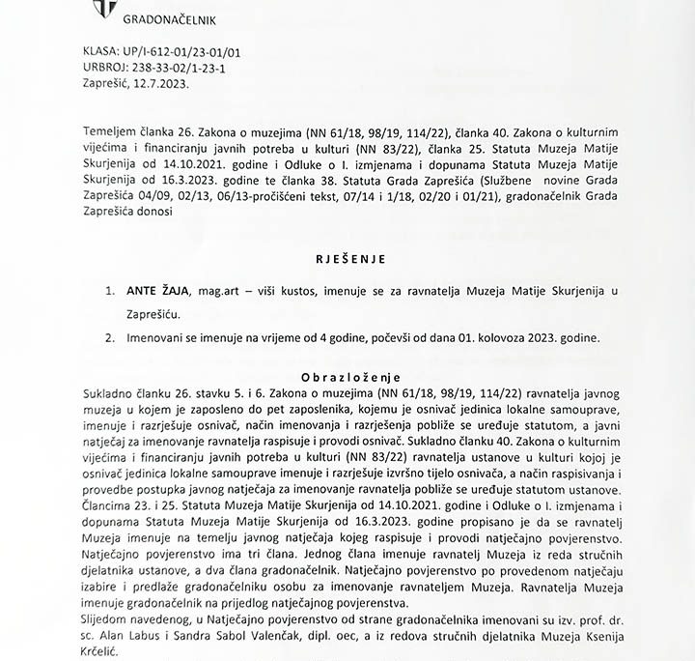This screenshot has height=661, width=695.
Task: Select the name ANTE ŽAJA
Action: [157, 291]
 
